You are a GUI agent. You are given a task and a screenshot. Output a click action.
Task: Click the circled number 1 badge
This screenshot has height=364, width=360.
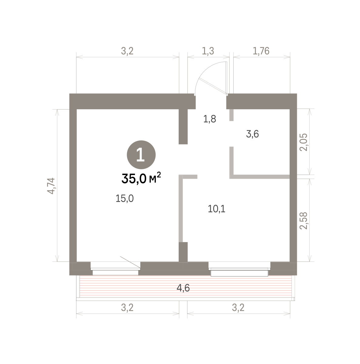coord(141,155)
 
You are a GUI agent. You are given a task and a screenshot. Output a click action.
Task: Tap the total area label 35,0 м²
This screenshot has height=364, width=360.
coord(141,178)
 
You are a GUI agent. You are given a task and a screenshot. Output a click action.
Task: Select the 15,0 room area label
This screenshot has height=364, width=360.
coord(125,198)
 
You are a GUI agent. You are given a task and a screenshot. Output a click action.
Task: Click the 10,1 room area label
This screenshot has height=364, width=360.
coord(217,209)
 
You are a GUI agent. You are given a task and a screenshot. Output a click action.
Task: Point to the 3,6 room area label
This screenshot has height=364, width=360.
coord(252,134)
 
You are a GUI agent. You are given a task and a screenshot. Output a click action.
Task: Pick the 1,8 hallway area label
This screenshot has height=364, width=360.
coord(210,119)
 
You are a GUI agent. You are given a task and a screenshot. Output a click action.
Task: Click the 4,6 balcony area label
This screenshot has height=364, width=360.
coord(183,288)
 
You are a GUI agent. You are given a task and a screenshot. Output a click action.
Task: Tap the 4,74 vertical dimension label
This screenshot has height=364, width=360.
coord(51,186)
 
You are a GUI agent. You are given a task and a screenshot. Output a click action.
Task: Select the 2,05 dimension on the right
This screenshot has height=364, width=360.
coord(304,142)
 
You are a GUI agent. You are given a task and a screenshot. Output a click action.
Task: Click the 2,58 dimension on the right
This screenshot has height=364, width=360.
coord(304,221)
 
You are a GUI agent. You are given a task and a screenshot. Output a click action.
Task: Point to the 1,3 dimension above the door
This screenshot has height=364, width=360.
coord(208,51)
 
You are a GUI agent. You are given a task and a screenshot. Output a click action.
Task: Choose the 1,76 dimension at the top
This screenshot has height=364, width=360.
coord(261,51)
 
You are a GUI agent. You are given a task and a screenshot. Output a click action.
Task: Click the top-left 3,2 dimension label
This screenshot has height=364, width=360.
coord(127,51)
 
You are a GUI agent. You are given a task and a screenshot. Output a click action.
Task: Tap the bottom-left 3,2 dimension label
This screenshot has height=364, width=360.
coord(127,308)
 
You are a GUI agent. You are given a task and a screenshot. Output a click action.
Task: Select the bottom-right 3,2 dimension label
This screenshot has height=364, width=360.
coord(238,308)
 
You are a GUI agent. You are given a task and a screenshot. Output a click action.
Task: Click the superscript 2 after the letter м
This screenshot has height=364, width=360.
coord(159,175)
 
